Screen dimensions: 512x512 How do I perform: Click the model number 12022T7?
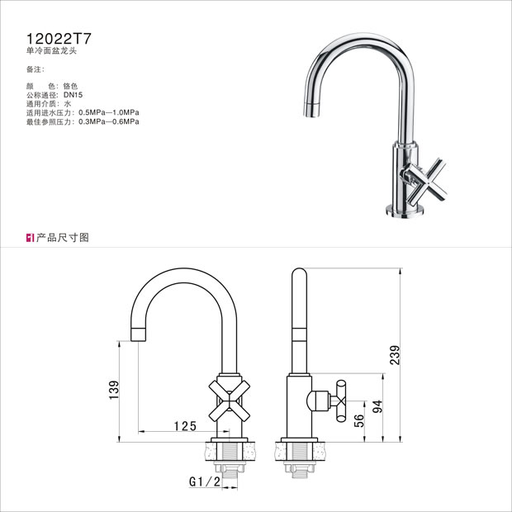[x=59, y=39]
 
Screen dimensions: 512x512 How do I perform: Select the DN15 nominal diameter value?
[x=73, y=95]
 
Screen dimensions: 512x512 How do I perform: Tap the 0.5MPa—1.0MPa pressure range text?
[x=109, y=112]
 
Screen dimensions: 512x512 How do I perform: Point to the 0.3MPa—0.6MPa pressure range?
[x=109, y=121]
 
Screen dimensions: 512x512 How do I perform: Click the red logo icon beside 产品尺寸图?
[x=30, y=238]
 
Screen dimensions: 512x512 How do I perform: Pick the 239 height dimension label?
[x=395, y=355]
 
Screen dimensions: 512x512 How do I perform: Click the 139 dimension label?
[x=114, y=390]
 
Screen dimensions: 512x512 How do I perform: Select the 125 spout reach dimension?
[x=185, y=426]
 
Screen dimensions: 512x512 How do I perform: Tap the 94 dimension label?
[x=377, y=406]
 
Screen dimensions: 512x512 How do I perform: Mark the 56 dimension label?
[x=358, y=420]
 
